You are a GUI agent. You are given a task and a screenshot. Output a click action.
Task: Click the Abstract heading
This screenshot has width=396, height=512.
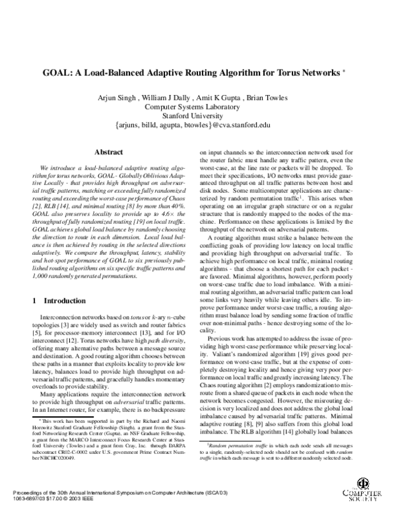click(110, 152)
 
